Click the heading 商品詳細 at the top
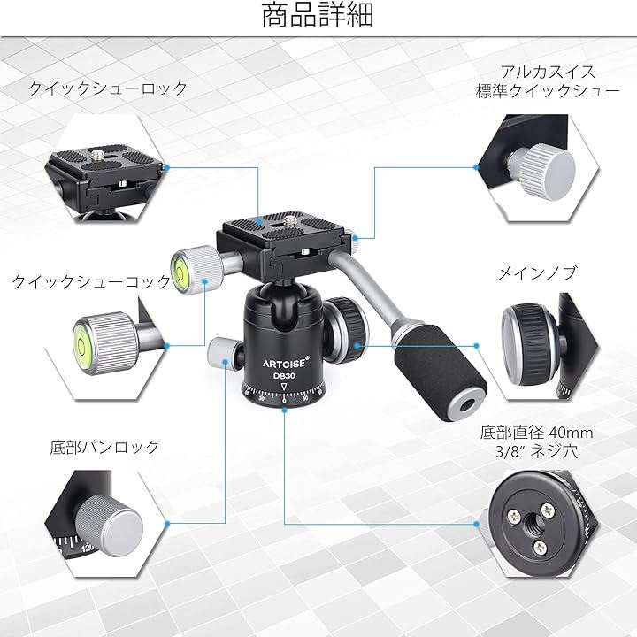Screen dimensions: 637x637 point(318,15)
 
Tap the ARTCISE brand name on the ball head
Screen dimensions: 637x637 point(286,362)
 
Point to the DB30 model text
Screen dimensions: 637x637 point(284,376)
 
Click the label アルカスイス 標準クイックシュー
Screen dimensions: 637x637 point(548,81)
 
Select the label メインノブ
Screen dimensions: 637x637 point(537,273)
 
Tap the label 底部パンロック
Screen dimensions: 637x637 point(104,447)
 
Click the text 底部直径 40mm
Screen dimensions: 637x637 point(536,433)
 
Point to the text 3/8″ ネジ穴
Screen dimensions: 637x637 point(536,451)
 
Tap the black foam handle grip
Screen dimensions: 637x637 point(440,374)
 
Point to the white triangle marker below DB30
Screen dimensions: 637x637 point(284,387)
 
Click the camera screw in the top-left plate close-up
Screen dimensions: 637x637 point(97,154)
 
